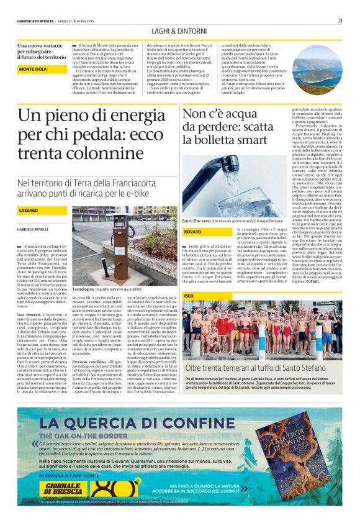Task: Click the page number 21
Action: click(x=340, y=20)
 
